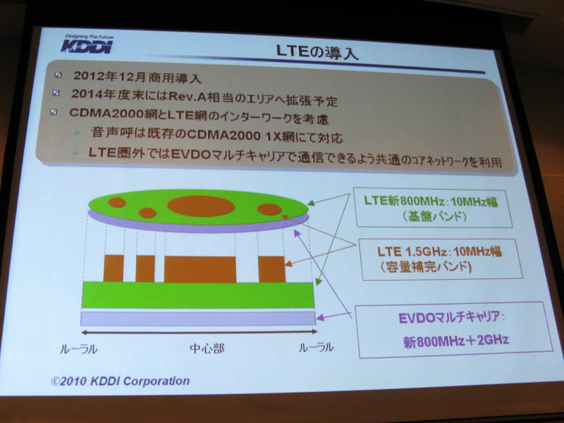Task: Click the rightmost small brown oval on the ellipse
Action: coord(269,209)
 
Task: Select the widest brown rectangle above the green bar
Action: coord(200,269)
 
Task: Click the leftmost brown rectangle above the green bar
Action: coord(113,268)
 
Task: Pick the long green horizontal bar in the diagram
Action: coord(197,295)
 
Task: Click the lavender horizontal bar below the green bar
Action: coord(197,318)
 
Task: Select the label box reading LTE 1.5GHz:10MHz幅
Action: coord(431,259)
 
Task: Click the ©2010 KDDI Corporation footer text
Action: coord(120,381)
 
